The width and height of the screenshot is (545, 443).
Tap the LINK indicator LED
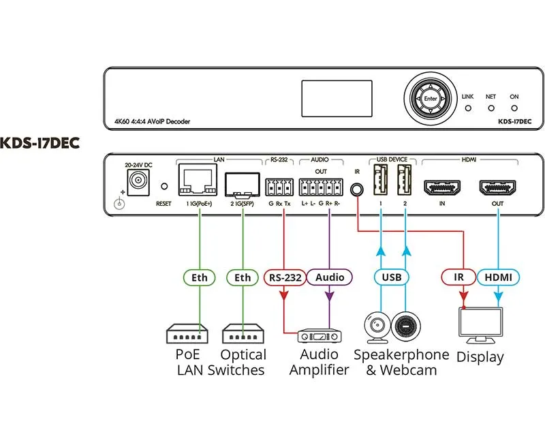coord(467,108)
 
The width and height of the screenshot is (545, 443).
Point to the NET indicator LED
coord(490,108)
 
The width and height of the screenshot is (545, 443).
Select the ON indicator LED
coord(514,108)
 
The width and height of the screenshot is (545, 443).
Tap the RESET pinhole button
coord(163,186)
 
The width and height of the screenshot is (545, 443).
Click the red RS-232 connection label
coord(283,277)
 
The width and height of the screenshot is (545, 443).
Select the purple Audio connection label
coord(330,277)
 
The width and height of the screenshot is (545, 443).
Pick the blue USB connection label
coord(392,277)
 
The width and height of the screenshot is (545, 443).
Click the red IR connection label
coord(458,277)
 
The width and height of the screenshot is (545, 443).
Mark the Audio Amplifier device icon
coord(318,335)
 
